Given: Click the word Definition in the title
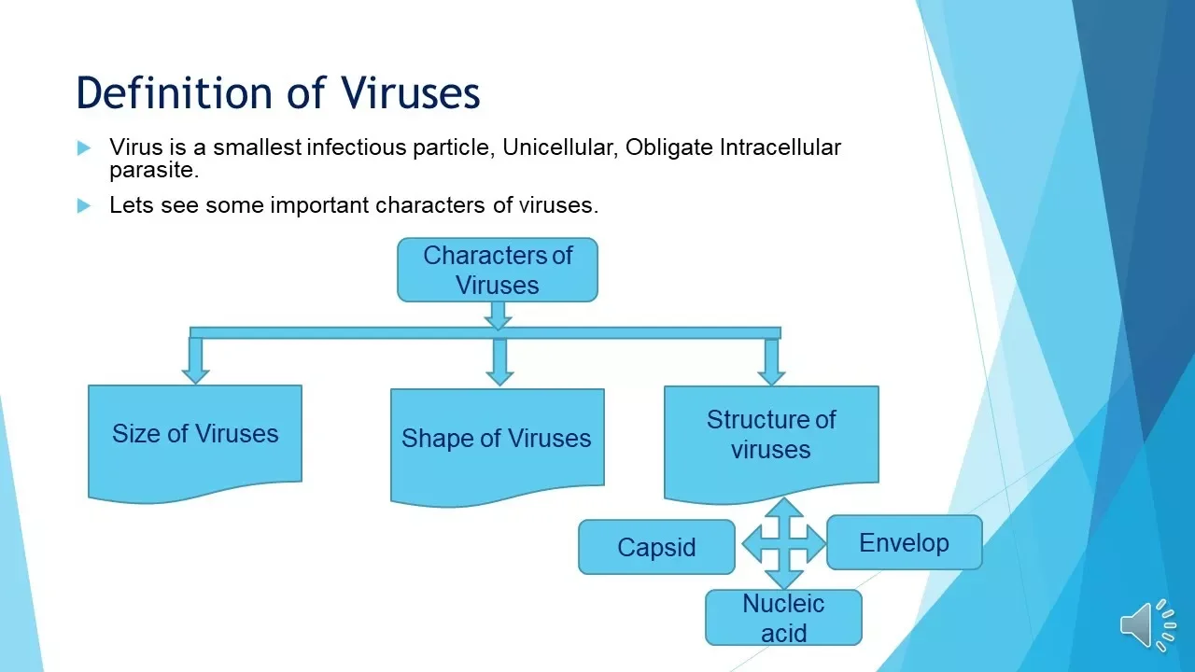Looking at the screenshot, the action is pyautogui.click(x=175, y=92).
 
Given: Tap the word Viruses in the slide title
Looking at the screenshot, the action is pyautogui.click(x=411, y=92).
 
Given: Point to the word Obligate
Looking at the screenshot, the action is pyautogui.click(x=669, y=148).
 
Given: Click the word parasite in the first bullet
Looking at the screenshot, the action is pyautogui.click(x=154, y=171).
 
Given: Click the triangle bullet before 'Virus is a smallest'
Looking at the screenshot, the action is pyautogui.click(x=84, y=147).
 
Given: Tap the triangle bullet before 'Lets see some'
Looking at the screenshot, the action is pyautogui.click(x=84, y=205).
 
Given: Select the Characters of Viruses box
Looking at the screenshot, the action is pyautogui.click(x=498, y=270).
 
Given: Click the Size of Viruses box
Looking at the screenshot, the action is pyautogui.click(x=195, y=443).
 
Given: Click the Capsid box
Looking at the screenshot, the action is pyautogui.click(x=656, y=547).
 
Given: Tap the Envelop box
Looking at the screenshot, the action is pyautogui.click(x=905, y=542).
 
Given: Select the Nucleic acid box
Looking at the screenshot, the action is pyautogui.click(x=783, y=618).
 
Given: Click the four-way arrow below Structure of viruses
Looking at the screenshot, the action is pyautogui.click(x=783, y=544).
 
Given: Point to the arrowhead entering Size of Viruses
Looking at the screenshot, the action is pyautogui.click(x=195, y=375).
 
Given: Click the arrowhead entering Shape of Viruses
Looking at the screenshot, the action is pyautogui.click(x=499, y=378).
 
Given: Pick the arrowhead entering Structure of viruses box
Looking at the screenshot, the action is pyautogui.click(x=771, y=377).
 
